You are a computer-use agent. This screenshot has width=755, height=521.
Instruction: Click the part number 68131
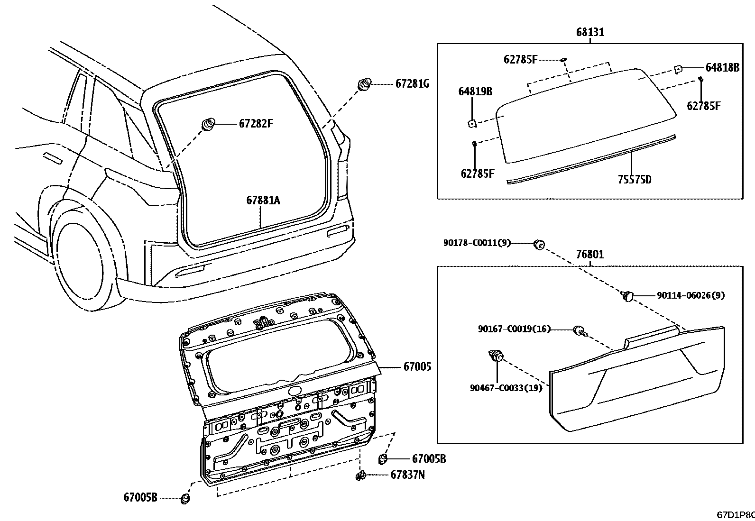click(x=590, y=32)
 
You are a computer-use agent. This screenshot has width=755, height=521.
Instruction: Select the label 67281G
click(x=412, y=83)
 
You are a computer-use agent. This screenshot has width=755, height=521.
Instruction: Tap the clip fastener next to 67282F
click(x=209, y=124)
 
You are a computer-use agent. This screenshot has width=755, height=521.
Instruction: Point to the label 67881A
click(x=263, y=201)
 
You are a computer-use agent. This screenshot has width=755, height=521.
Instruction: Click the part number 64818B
click(x=722, y=68)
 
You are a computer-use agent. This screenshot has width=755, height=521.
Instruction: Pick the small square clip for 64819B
click(x=472, y=124)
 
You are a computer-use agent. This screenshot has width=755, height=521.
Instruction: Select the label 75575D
click(x=635, y=179)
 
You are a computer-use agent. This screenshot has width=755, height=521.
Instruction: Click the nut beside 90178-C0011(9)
click(x=539, y=244)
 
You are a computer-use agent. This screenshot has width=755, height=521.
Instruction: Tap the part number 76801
click(x=590, y=254)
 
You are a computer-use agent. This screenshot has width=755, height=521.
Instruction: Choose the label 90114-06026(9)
click(x=691, y=295)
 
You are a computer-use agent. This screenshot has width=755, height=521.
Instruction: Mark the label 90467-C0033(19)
click(x=506, y=388)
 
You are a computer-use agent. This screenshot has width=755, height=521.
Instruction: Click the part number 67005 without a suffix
click(x=417, y=366)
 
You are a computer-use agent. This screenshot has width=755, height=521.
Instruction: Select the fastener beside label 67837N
click(x=360, y=475)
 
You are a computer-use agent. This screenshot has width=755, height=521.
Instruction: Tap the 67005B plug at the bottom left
click(x=185, y=498)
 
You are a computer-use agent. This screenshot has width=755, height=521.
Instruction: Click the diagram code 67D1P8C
click(x=736, y=515)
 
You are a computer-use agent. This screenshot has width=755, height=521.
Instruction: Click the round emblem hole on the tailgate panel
click(x=295, y=391)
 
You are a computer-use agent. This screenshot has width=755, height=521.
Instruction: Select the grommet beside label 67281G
click(x=364, y=84)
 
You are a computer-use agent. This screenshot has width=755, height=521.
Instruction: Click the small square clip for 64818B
click(x=678, y=69)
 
